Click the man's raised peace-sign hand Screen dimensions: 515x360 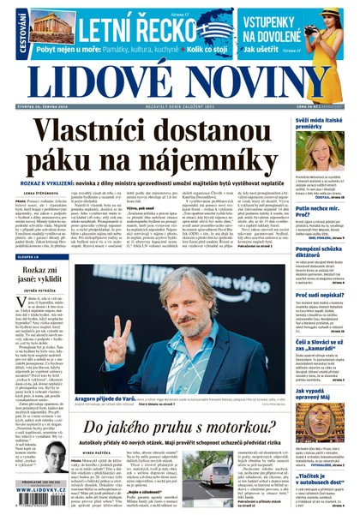coord(122,302)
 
